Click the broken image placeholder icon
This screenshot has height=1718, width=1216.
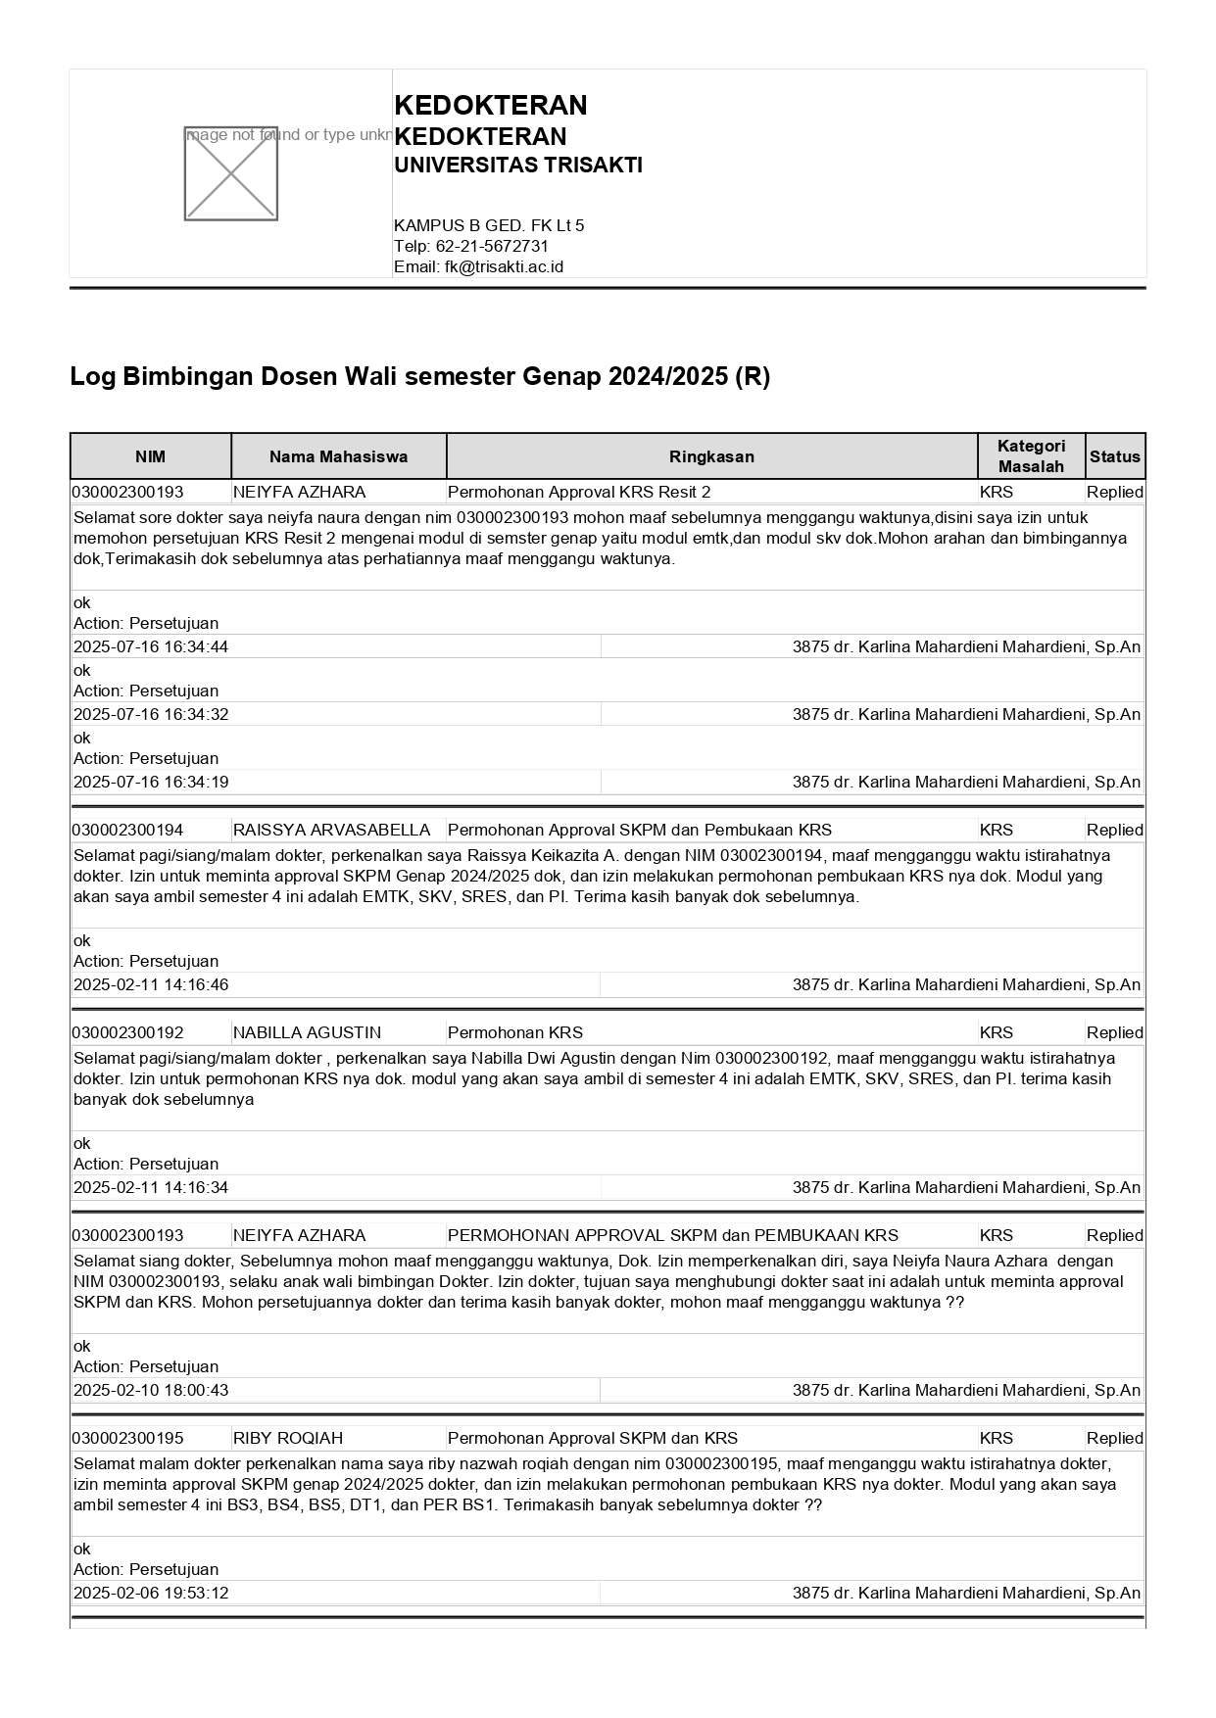[x=231, y=173]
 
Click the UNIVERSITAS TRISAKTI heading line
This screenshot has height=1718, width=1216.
[x=517, y=166]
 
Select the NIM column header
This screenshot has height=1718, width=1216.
[x=151, y=456]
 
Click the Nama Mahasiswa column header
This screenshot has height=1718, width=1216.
[x=338, y=456]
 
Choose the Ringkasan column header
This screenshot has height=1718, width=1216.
[x=711, y=456]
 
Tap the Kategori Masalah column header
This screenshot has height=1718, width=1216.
[x=1031, y=456]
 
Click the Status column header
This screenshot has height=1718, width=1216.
[x=1115, y=456]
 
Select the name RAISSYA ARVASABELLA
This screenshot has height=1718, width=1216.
[x=331, y=830]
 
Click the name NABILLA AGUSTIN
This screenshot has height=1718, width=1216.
[x=307, y=1032]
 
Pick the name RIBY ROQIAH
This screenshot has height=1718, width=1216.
[x=288, y=1438]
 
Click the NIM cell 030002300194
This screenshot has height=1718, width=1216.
[x=127, y=830]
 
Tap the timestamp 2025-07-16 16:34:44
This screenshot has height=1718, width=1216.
[x=151, y=646]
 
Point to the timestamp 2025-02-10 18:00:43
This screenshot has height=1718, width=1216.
[x=151, y=1390]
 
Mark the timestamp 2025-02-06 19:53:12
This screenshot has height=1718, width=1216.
[x=151, y=1593]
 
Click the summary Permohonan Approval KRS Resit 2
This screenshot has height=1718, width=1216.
[x=579, y=492]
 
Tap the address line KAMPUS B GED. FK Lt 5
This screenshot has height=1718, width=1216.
[x=489, y=225]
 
